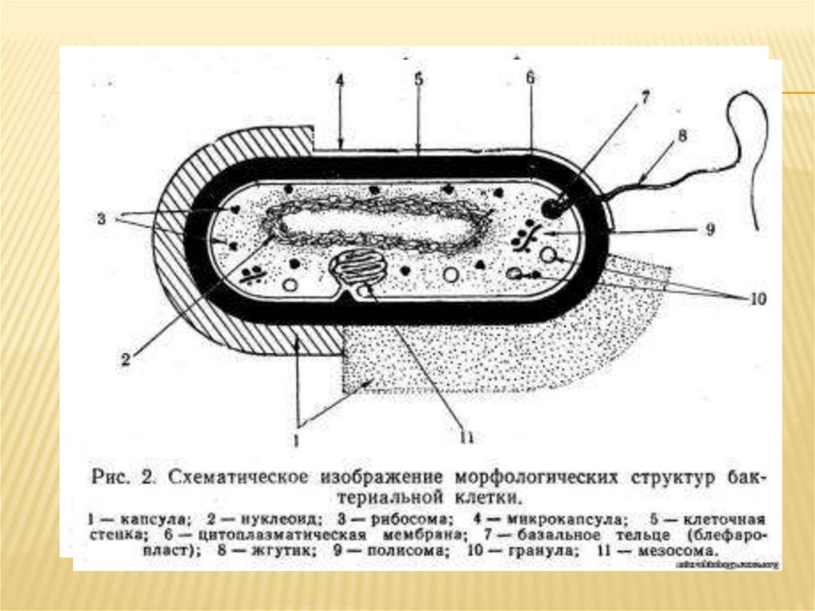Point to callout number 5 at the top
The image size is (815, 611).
[419, 80]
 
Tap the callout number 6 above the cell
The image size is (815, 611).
[530, 78]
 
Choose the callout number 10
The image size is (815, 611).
[757, 300]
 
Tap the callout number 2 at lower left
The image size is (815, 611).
[125, 359]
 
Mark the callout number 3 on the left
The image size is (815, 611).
[102, 217]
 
